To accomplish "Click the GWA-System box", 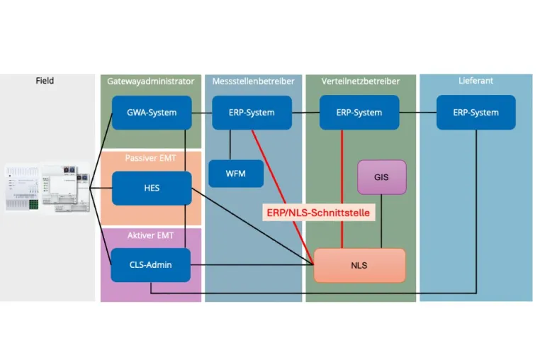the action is (x=152, y=113).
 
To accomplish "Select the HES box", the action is (x=152, y=188).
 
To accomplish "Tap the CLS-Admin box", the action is (x=150, y=265).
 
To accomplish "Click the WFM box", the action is (x=236, y=174).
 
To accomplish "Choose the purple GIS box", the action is (x=381, y=177).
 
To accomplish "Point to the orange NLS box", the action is (x=359, y=265).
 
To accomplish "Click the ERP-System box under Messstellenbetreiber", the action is (x=252, y=113).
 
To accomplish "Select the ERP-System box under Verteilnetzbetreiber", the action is (x=359, y=113).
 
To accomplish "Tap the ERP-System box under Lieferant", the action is (x=476, y=113).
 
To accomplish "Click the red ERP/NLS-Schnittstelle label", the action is (x=319, y=213).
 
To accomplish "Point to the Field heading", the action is (x=45, y=81).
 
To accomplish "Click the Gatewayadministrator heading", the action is (x=150, y=81).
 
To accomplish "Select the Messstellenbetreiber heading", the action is (x=253, y=81).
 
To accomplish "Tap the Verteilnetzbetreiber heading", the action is (x=361, y=81).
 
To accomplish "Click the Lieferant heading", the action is (x=476, y=81).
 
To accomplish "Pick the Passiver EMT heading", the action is (x=150, y=158).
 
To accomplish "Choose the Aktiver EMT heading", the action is (x=150, y=235).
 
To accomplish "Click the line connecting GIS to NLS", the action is (x=381, y=222).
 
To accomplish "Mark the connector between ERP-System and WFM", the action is (x=230, y=145).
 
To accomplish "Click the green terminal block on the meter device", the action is (x=33, y=204).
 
